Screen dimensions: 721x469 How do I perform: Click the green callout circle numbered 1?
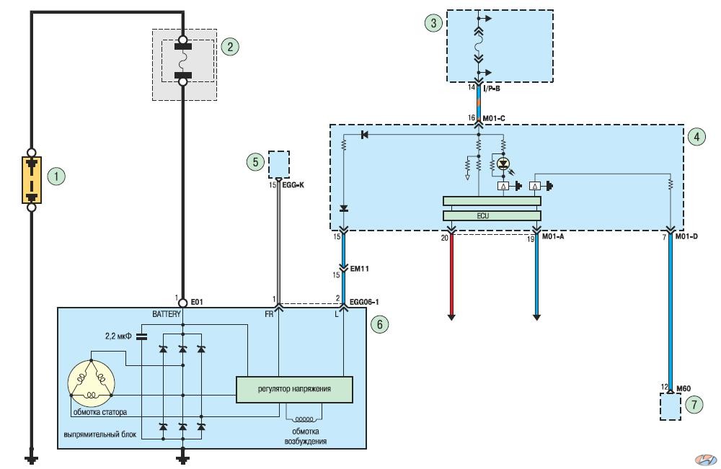(x=56, y=176)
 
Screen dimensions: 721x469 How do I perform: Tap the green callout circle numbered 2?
(x=230, y=46)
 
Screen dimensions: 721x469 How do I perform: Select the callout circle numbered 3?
(x=433, y=22)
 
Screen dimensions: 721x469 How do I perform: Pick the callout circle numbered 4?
(x=696, y=136)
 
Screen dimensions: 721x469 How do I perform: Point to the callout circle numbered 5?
(x=256, y=161)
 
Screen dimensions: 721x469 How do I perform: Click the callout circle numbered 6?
(x=379, y=324)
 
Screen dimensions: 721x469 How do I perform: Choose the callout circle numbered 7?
(x=694, y=404)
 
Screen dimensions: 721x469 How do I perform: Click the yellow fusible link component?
(x=32, y=180)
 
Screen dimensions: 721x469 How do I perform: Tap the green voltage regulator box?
(x=294, y=390)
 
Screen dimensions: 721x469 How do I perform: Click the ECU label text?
(x=483, y=215)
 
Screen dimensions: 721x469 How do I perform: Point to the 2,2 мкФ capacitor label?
(x=118, y=336)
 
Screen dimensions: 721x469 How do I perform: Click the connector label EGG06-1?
(x=364, y=302)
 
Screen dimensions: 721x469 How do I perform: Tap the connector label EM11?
(x=360, y=269)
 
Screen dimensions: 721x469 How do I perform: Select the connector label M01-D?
(x=686, y=236)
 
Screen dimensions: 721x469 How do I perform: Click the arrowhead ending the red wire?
(x=451, y=317)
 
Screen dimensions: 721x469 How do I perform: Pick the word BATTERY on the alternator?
(x=167, y=314)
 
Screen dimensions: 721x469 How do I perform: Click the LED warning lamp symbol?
(x=503, y=163)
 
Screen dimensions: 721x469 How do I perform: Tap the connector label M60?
(x=684, y=388)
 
